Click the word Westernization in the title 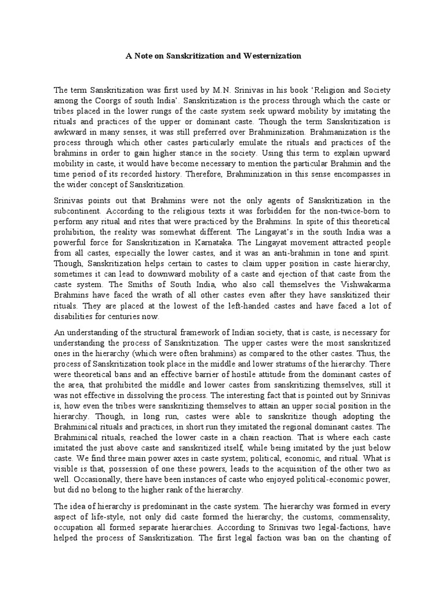click(x=272, y=56)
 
